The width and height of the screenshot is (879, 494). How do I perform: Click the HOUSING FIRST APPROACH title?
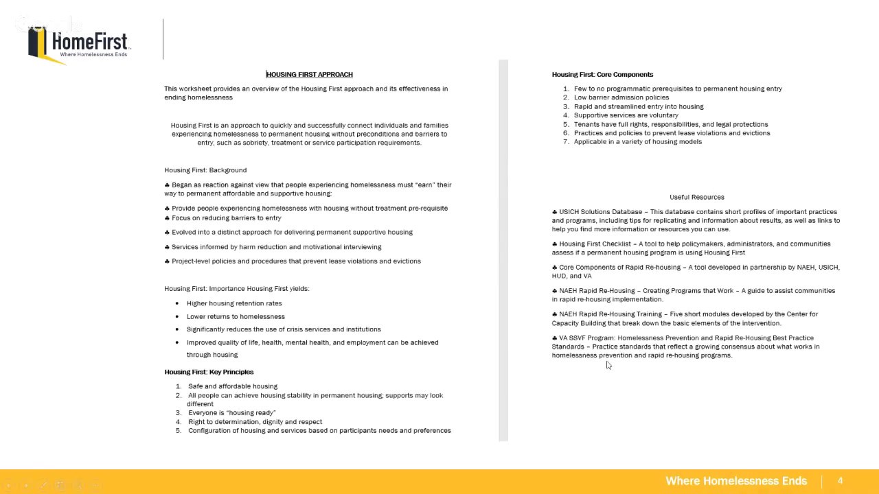point(309,74)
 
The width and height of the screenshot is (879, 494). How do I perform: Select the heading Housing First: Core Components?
point(602,74)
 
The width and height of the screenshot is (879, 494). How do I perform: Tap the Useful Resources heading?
point(696,197)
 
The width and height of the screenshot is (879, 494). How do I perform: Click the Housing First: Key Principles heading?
point(209,372)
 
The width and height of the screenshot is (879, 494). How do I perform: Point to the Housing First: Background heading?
point(205,170)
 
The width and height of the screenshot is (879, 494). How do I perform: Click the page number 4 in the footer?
point(840,481)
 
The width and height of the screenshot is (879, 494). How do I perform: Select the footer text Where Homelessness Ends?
point(735,481)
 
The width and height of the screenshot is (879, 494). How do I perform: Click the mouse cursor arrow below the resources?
point(608,366)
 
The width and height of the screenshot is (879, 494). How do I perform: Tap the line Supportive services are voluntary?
point(626,115)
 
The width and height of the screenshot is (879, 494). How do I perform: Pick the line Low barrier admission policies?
point(621,97)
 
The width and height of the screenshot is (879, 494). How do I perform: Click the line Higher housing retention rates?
point(234,303)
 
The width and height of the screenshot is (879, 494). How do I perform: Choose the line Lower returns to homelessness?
point(236,316)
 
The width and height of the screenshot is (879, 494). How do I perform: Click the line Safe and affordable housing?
point(233,386)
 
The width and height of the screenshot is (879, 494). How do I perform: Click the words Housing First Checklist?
point(595,244)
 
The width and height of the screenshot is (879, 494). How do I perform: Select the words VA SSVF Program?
point(587,338)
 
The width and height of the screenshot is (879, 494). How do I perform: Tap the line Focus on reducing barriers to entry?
point(226,218)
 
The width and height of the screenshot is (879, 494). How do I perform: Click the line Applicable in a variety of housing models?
point(637,141)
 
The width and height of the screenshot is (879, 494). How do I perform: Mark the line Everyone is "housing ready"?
point(231,413)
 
